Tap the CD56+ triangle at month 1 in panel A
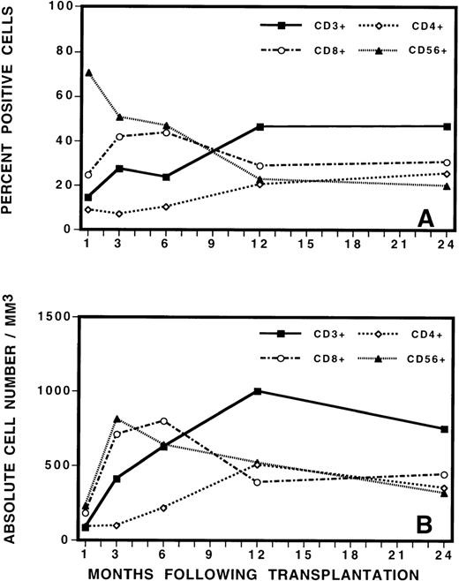[87, 72]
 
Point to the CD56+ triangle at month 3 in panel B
[118, 419]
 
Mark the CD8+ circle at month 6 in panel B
[164, 421]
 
